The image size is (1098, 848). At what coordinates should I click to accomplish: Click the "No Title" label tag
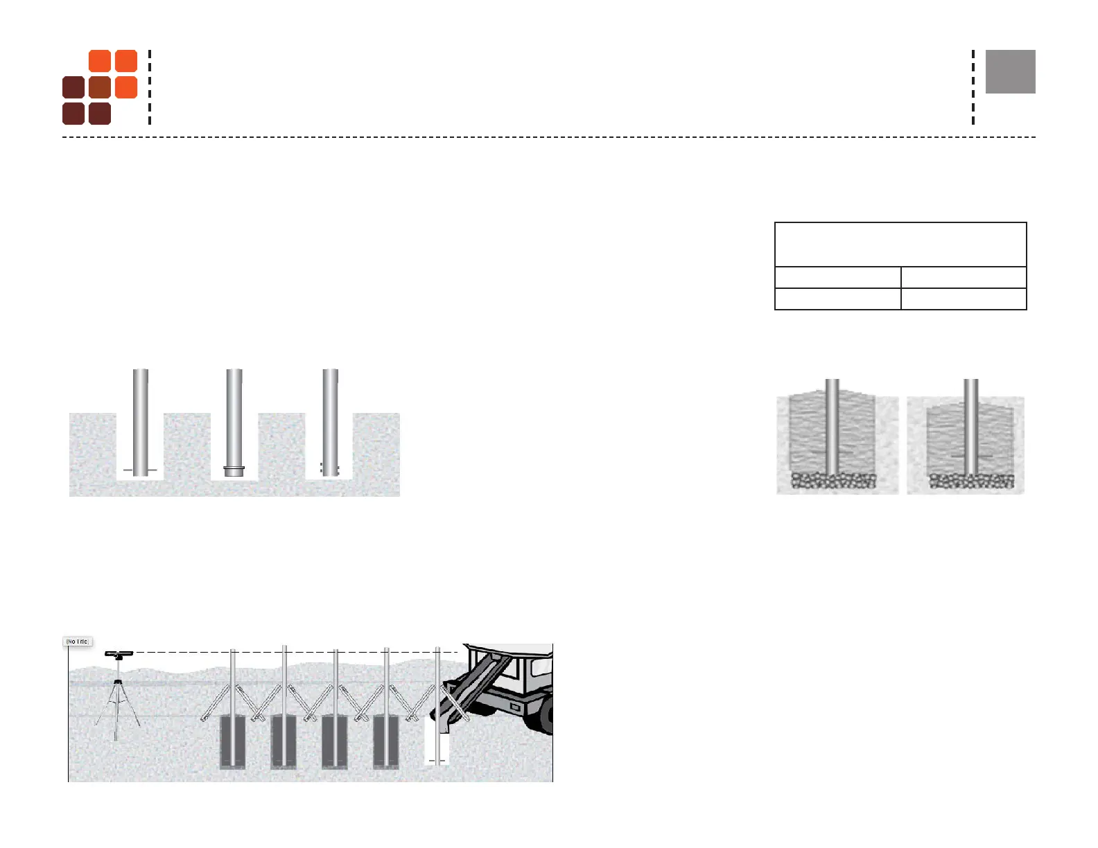point(78,642)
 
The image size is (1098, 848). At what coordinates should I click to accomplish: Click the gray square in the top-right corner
point(1010,71)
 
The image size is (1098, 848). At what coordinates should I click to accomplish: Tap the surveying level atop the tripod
point(119,654)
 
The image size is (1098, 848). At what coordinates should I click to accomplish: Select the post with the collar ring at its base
point(234,423)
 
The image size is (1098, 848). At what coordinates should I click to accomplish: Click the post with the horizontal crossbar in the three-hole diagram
point(140,423)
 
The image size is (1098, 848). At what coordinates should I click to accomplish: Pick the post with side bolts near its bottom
point(330,423)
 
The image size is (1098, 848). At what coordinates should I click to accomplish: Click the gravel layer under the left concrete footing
point(834,481)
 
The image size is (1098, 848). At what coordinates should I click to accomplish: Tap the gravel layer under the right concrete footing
point(971,481)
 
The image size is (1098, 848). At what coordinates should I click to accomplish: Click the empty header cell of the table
point(900,245)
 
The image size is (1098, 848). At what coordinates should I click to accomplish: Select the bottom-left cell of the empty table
point(837,299)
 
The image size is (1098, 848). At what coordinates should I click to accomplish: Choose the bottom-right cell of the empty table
point(963,299)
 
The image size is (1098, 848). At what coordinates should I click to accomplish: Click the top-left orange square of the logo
point(100,61)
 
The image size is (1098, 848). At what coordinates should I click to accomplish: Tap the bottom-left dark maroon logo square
point(73,114)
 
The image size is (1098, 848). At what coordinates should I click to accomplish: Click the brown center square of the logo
point(100,87)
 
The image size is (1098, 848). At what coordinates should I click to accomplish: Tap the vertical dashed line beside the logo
point(150,87)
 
